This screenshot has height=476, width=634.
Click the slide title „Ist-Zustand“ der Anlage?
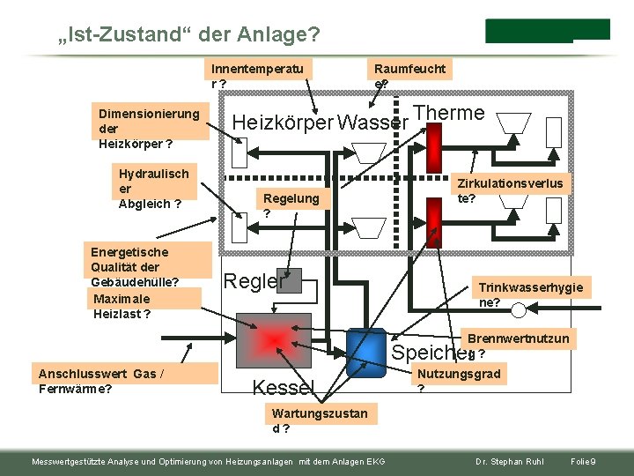point(188,34)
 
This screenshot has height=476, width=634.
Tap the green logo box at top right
point(547,30)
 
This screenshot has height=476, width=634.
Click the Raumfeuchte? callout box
point(409,75)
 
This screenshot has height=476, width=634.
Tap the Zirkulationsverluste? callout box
point(510,190)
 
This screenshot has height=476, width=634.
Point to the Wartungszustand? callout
point(320,420)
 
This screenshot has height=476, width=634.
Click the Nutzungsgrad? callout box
point(458,380)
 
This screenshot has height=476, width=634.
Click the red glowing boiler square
point(275,339)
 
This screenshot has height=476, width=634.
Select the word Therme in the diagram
point(449,113)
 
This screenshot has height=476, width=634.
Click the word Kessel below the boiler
point(283,386)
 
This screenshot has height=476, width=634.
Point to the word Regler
point(254,281)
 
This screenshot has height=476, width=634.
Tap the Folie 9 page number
point(584,462)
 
